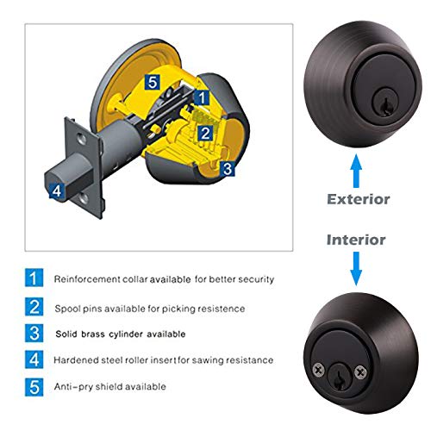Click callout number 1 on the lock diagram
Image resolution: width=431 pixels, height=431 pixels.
(201, 97)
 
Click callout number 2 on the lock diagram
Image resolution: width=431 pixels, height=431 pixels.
(205, 133)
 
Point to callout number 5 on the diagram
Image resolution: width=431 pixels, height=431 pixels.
(153, 83)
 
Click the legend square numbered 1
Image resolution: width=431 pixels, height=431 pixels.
(33, 278)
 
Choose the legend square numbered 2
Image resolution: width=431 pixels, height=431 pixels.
(33, 307)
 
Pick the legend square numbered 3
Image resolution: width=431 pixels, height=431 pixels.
(33, 334)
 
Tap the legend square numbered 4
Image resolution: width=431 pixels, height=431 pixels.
(33, 359)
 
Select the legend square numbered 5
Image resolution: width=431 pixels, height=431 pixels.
(33, 387)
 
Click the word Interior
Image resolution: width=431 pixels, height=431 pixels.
(357, 240)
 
